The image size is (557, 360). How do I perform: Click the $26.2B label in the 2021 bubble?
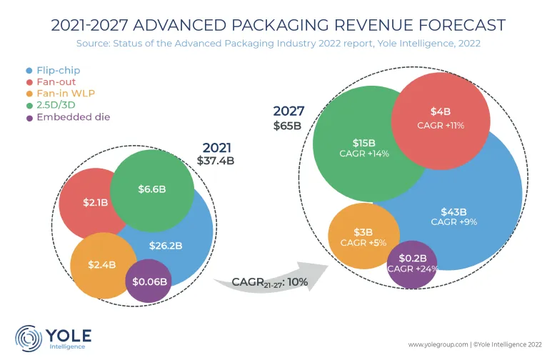pos(166,246)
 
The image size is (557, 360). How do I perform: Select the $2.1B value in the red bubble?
pos(95,203)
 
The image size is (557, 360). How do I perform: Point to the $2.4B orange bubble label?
pos(103,264)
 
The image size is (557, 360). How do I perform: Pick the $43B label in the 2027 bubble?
pos(453,211)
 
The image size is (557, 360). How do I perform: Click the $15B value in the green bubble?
pos(365,143)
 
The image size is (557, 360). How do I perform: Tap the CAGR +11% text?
pos(441,125)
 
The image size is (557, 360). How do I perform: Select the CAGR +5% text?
pos(363,244)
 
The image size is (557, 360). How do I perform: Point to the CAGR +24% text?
pos(412,269)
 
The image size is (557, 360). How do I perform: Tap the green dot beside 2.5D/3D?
pos(29,106)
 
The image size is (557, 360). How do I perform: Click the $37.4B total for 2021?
pos(216,161)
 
